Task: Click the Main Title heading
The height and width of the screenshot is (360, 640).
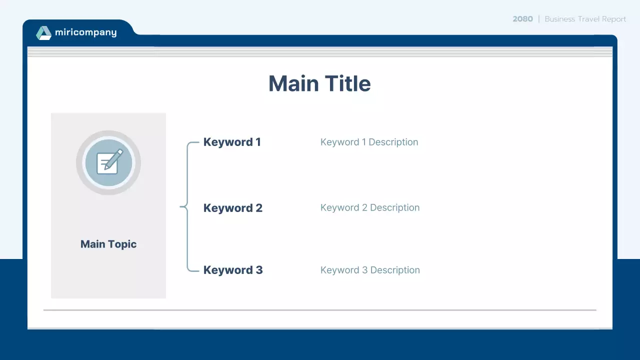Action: [319, 83]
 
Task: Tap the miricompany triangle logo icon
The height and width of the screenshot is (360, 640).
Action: [44, 33]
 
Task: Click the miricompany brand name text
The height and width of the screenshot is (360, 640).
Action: [85, 32]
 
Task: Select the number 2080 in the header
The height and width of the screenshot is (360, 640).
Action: [522, 19]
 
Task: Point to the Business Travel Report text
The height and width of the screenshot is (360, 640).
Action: [585, 19]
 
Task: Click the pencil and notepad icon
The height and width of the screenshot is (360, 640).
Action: [108, 162]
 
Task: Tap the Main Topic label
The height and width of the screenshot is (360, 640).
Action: [108, 244]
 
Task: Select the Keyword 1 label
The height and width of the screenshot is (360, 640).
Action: [232, 142]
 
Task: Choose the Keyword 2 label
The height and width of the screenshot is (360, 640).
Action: [232, 208]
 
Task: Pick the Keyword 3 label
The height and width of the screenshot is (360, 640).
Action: [232, 270]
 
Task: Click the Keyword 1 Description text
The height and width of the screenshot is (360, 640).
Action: [369, 142]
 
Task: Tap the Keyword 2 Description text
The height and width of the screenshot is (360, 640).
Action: [370, 207]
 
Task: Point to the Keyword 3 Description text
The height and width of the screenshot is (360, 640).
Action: [370, 270]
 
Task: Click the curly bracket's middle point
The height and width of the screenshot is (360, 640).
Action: [182, 206]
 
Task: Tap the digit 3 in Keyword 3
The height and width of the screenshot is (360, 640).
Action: [259, 270]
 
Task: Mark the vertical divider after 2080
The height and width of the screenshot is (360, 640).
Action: [539, 19]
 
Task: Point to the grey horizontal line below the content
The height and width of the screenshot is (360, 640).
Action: [320, 310]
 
